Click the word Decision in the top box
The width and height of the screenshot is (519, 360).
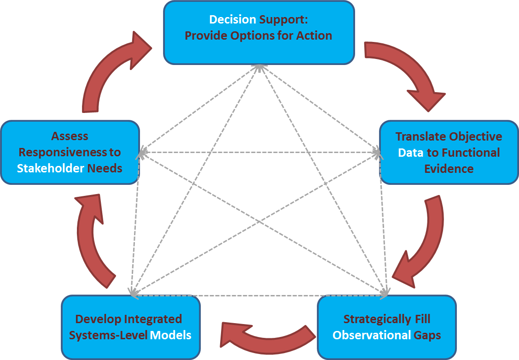(232, 19)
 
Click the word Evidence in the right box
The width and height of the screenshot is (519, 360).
(449, 169)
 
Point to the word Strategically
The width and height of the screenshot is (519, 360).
(371, 319)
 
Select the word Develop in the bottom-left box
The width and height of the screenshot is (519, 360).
(97, 319)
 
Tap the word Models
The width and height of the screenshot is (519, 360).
(171, 335)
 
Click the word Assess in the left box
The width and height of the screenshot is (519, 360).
(70, 136)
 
